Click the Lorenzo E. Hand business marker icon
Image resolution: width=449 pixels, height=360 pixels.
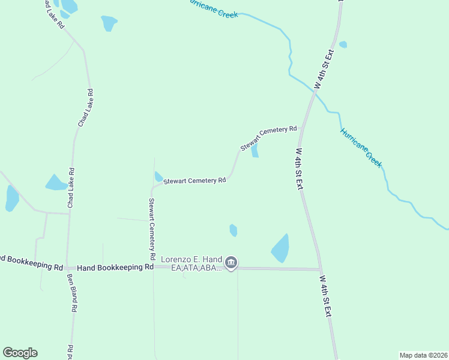point(231,263)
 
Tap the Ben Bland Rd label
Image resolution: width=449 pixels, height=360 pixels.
point(71,293)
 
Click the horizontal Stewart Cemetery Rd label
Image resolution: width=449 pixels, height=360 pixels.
point(194,180)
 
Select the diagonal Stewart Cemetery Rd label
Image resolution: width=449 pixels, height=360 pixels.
point(268,138)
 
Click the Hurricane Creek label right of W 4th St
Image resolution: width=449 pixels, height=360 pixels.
point(361,147)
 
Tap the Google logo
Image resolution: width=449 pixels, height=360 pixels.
point(20,353)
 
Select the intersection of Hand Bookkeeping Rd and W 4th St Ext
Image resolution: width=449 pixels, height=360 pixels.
point(320,269)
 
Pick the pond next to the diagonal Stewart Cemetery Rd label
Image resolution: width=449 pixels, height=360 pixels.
point(255,150)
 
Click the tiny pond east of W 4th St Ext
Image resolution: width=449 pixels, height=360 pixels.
point(343,44)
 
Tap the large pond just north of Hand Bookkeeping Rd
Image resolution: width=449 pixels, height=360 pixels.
point(280,248)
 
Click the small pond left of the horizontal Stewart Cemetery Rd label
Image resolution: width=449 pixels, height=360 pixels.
point(158,176)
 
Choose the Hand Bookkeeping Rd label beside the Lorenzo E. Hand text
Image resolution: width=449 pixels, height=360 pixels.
point(116,267)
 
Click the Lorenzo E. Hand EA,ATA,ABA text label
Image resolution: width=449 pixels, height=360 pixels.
point(192,264)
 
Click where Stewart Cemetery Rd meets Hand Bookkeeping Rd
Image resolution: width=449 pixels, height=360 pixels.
point(155,267)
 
